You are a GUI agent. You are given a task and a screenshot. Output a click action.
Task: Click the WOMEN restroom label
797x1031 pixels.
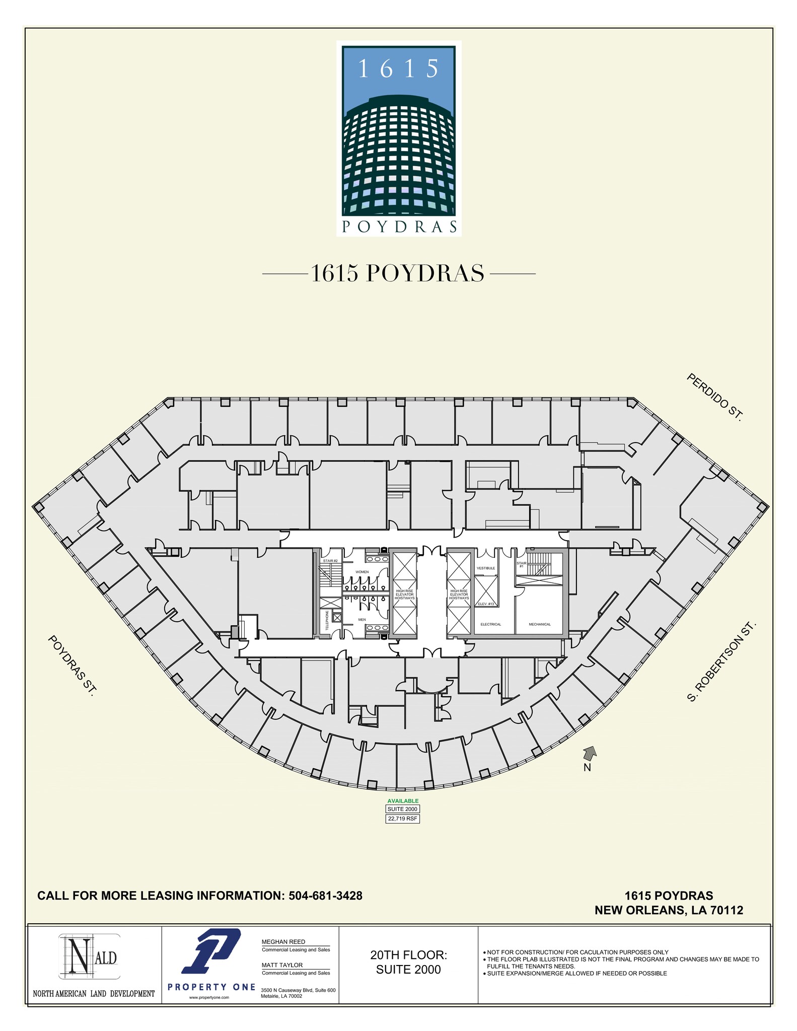362,572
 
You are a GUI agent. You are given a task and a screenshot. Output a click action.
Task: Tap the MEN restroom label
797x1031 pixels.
362,620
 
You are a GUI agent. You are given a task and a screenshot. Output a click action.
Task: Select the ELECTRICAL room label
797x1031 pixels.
491,624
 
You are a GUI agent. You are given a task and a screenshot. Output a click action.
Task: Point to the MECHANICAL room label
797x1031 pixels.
540,624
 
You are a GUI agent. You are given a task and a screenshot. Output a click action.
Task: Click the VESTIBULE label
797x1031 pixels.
486,568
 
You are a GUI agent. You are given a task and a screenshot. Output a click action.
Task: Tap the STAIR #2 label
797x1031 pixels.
330,560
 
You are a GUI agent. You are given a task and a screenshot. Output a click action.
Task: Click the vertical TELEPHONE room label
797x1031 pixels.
327,620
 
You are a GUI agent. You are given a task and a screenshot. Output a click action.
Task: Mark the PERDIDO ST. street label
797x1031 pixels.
715,397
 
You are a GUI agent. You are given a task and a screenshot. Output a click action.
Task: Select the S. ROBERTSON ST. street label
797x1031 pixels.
722,662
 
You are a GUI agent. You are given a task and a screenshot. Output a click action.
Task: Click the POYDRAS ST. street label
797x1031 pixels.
71,666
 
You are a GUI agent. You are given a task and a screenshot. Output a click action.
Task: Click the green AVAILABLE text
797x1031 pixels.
403,801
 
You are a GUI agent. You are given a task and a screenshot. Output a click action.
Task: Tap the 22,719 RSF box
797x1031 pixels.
402,819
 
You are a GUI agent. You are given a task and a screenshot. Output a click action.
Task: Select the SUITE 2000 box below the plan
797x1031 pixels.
402,809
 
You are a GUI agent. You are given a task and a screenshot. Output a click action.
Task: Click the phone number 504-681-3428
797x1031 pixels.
325,896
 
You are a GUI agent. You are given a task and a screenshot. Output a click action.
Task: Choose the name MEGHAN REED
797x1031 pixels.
283,942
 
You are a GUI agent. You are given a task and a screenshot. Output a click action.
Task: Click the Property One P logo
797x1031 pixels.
211,951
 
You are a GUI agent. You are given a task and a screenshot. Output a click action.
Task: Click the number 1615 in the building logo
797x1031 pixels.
398,69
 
